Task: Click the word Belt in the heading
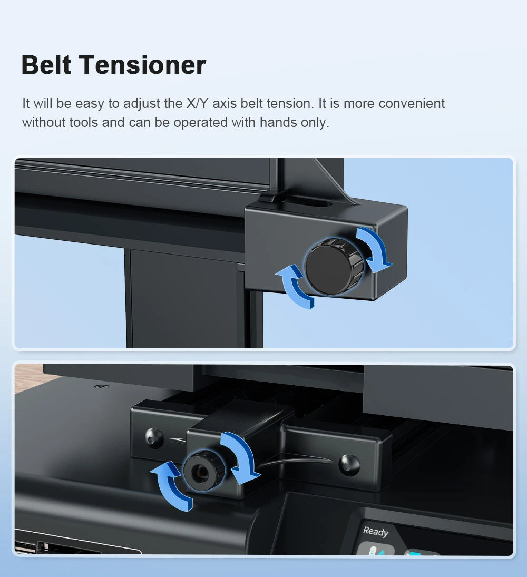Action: [x=46, y=65]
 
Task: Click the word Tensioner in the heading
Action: [x=142, y=65]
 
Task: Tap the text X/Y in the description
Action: [x=198, y=103]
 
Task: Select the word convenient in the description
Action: [x=412, y=103]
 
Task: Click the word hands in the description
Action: [x=278, y=123]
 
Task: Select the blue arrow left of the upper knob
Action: [x=294, y=287]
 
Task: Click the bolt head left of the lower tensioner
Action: [x=154, y=437]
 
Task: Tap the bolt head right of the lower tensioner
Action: [x=349, y=464]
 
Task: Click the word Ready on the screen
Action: [x=376, y=531]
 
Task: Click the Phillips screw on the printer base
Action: [x=102, y=386]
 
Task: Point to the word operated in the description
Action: [x=200, y=123]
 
